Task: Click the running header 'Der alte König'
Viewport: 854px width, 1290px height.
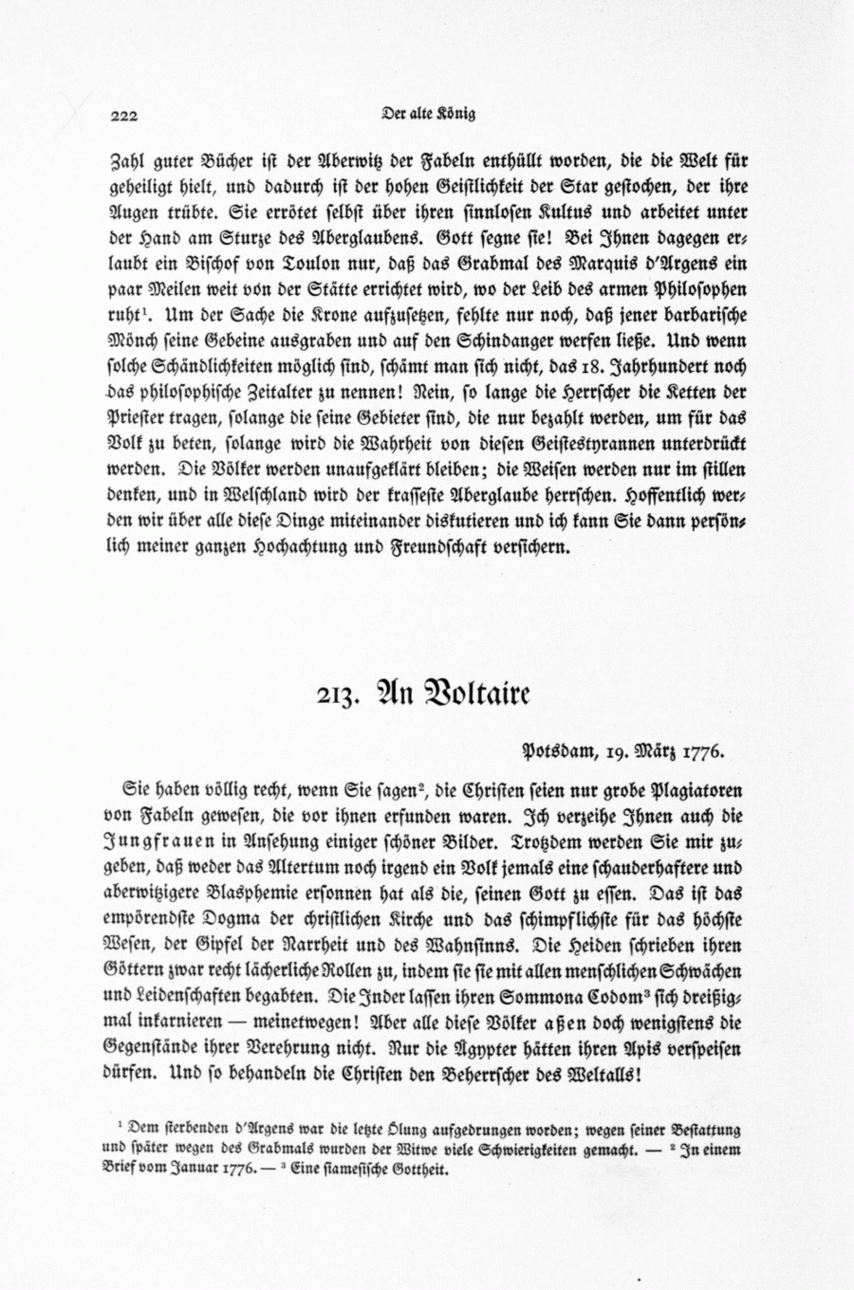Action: (x=428, y=114)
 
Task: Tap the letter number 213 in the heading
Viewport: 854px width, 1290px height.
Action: (x=337, y=695)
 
